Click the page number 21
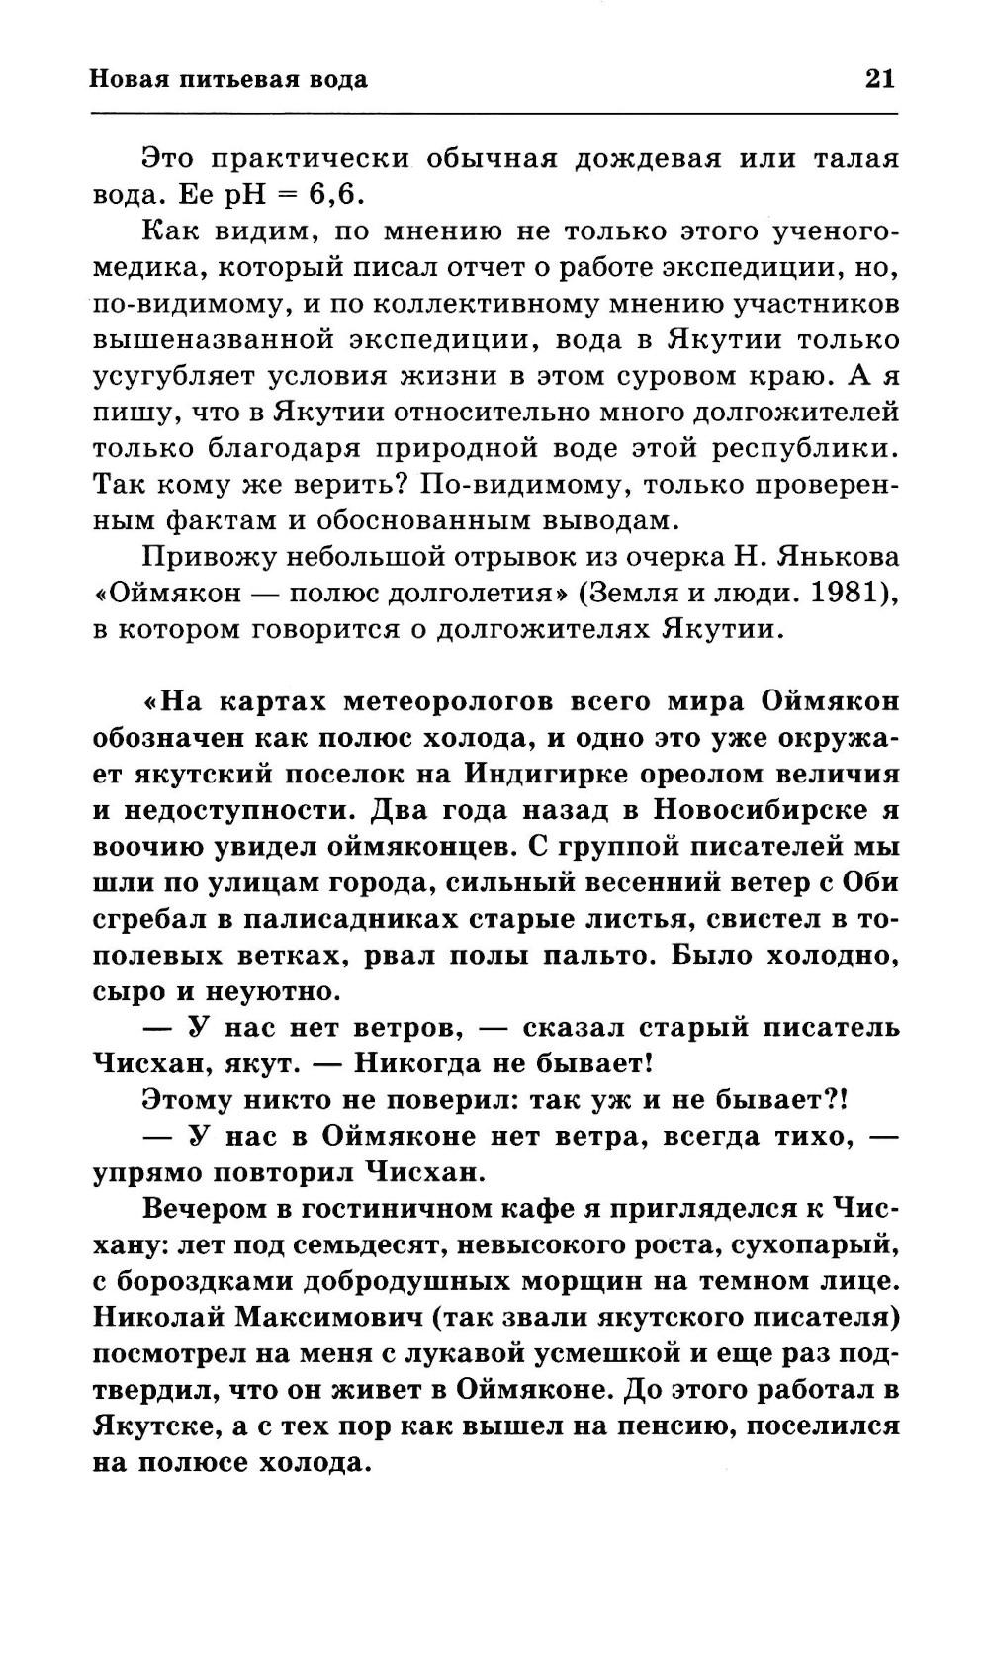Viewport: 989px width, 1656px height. pyautogui.click(x=879, y=79)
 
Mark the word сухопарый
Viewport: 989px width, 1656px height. pyautogui.click(x=816, y=1244)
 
